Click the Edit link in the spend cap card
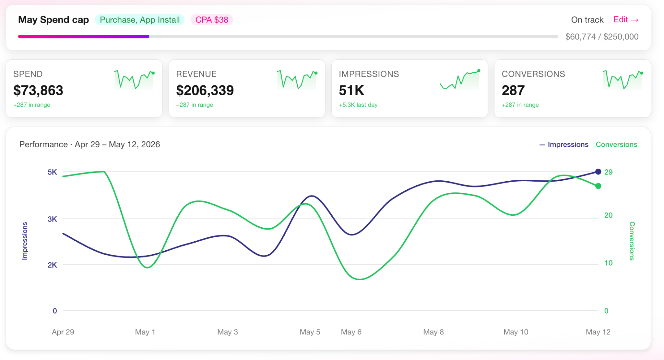coord(626,20)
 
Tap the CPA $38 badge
coord(212,20)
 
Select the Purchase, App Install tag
coord(140,20)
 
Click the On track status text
coord(587,20)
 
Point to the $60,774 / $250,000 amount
coord(602,37)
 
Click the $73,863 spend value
coord(38,90)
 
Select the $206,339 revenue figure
coord(205,90)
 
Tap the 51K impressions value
coord(351,90)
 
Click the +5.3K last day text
coord(358,105)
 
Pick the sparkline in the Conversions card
coord(622,80)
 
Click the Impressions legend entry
coord(564,144)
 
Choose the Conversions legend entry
coord(616,144)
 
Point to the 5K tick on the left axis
coord(52,172)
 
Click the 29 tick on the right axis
coord(608,172)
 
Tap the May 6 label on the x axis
coord(351,332)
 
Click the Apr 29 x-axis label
coord(63,332)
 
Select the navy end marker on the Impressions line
coord(598,172)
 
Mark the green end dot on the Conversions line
coord(598,186)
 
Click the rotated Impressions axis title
coord(25,241)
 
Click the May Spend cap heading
coord(53,20)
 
